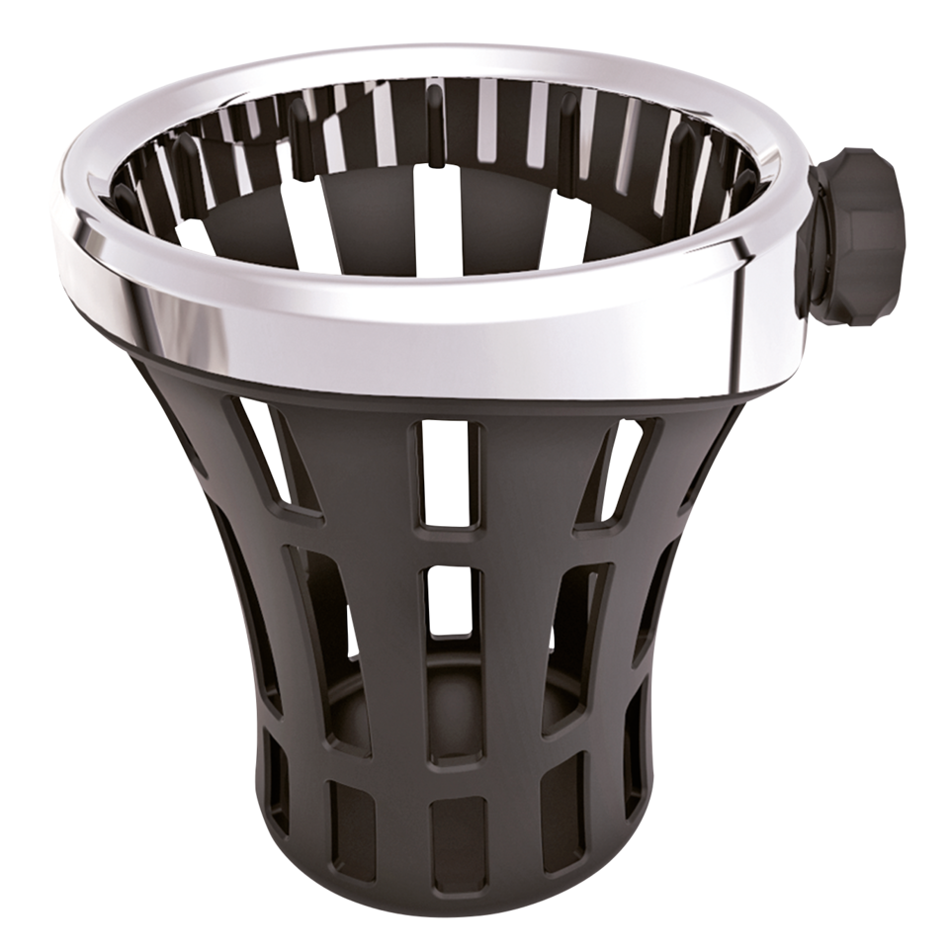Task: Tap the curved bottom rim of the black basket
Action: [x=445, y=895]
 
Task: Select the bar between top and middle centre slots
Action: [x=444, y=546]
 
